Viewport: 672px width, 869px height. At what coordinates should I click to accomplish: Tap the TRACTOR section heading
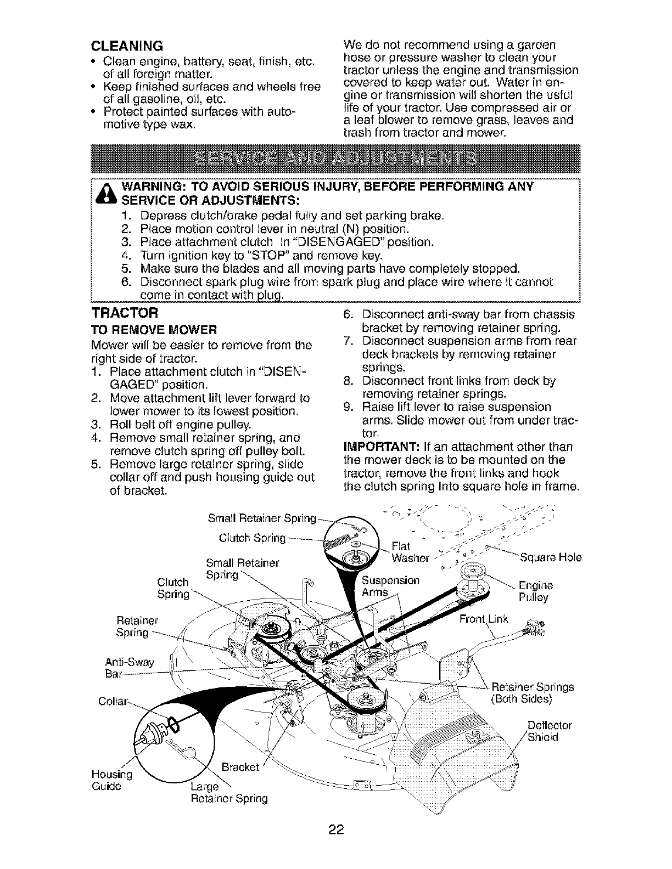(124, 314)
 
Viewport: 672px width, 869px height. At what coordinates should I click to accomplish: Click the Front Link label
(485, 619)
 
